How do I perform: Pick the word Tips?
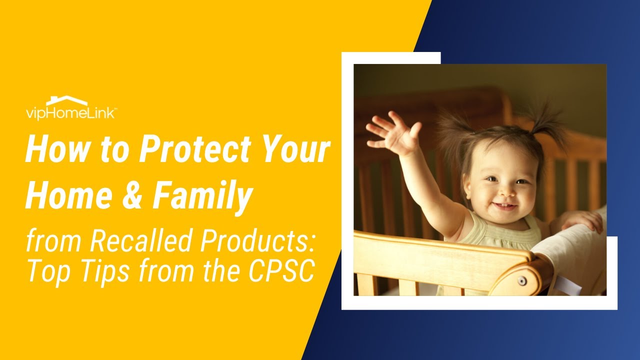pos(100,271)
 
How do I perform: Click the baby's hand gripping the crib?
pos(582,220)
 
